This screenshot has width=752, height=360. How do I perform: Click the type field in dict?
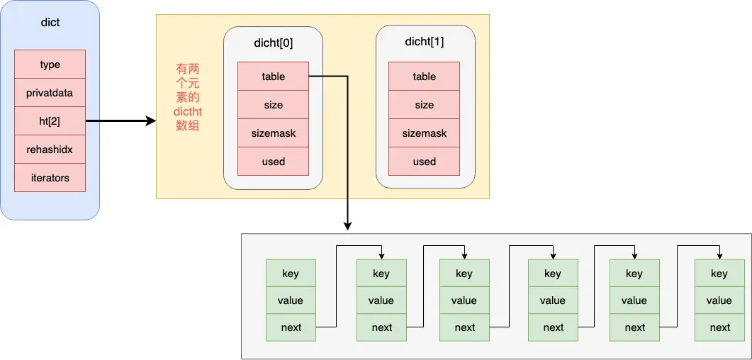50,64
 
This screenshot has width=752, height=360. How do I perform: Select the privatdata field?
50,93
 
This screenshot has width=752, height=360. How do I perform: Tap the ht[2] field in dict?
50,121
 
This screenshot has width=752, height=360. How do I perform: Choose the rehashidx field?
50,150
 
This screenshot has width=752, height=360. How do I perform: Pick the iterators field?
50,178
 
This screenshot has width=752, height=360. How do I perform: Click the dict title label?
50,23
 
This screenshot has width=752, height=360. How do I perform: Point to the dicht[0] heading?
274,43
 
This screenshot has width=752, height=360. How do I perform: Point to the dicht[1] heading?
425,42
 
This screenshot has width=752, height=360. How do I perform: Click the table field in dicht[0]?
274,77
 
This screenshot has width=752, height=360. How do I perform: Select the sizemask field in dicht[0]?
274,133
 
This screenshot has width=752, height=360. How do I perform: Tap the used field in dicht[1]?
425,161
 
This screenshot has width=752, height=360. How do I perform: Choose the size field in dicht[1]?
425,104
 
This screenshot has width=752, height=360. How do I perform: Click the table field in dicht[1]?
425,77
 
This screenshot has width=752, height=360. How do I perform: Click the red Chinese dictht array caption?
188,98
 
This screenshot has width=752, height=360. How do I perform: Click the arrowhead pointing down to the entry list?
348,226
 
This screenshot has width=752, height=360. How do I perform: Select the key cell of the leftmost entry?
291,274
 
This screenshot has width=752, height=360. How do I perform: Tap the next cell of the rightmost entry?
720,327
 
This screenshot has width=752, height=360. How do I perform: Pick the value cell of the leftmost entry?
291,300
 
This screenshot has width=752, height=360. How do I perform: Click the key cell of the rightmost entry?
720,274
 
